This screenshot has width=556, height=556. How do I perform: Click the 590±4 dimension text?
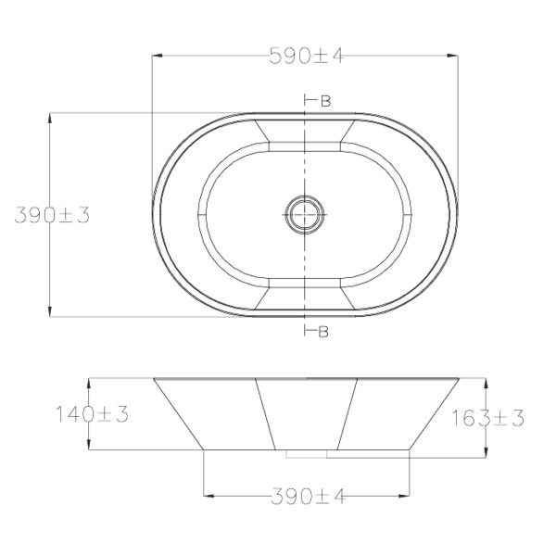point(307,56)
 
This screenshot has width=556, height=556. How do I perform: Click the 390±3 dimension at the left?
point(52,215)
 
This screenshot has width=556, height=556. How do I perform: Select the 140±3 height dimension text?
point(92,414)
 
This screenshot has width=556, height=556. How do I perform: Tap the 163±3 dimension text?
point(487,418)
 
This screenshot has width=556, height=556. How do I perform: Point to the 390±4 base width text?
point(308,497)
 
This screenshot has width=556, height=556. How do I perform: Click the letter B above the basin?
point(326,101)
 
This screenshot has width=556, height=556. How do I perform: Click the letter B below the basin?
point(323,332)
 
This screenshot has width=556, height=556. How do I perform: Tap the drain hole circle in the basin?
point(305,215)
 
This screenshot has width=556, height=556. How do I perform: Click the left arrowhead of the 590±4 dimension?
point(158,56)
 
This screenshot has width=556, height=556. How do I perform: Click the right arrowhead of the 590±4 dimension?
point(452,56)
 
